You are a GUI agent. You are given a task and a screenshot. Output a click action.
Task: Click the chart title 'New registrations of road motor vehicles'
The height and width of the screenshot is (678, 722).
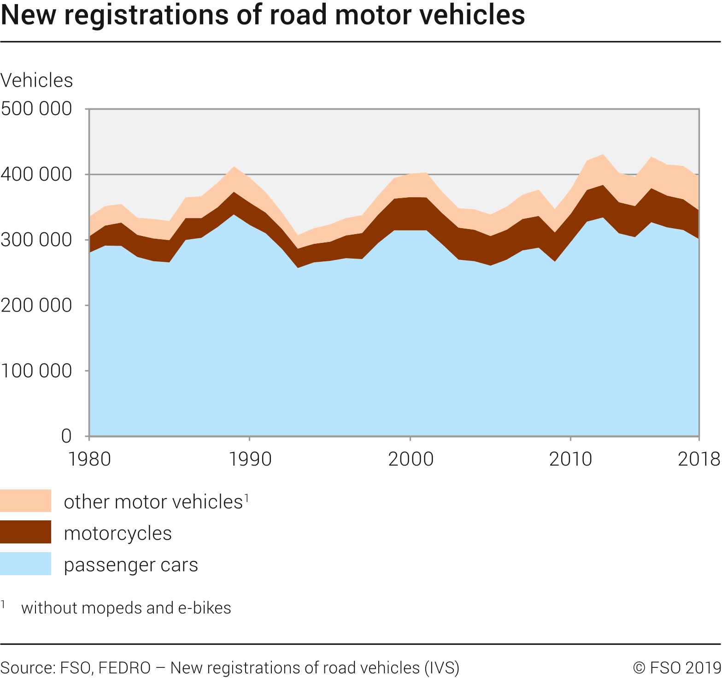(263, 15)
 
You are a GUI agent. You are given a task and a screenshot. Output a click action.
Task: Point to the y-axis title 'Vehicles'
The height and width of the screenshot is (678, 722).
(37, 81)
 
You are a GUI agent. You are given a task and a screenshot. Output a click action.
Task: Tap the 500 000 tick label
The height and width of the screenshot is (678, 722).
(36, 109)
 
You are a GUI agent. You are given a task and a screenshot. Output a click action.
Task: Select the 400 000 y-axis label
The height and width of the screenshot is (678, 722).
(36, 174)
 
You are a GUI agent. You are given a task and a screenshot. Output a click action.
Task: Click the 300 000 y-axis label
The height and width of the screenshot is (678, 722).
(36, 240)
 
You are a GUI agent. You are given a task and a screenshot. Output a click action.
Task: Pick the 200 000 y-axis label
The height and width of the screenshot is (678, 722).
(36, 305)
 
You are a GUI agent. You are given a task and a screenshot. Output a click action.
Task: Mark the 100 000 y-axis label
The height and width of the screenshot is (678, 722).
(36, 371)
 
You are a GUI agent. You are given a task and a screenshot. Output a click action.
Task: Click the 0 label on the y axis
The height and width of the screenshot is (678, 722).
(66, 436)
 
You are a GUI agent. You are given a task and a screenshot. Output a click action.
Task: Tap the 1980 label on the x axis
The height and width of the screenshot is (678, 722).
(89, 459)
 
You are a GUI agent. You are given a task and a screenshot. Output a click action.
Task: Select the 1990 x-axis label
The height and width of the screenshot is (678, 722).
(250, 459)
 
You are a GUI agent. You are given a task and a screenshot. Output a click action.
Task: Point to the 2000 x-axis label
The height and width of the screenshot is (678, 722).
(411, 459)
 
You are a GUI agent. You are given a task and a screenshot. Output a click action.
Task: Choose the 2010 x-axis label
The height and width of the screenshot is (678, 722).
(571, 459)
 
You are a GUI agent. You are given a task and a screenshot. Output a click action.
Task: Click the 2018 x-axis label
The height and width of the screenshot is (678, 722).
(699, 459)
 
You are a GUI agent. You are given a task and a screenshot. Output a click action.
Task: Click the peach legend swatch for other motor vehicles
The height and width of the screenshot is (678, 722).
(25, 501)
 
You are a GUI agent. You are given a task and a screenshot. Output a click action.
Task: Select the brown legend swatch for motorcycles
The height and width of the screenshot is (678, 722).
(25, 532)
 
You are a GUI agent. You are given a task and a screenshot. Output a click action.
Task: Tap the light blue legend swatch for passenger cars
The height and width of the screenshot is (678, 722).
(25, 564)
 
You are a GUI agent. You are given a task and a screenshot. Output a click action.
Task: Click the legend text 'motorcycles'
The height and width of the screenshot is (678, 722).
(117, 533)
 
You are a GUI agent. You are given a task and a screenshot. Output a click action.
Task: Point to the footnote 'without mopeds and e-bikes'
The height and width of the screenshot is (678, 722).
(126, 608)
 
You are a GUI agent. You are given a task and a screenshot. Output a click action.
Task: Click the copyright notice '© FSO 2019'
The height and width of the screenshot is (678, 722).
(677, 668)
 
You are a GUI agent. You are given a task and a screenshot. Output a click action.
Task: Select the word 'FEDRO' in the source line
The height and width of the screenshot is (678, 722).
(124, 668)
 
